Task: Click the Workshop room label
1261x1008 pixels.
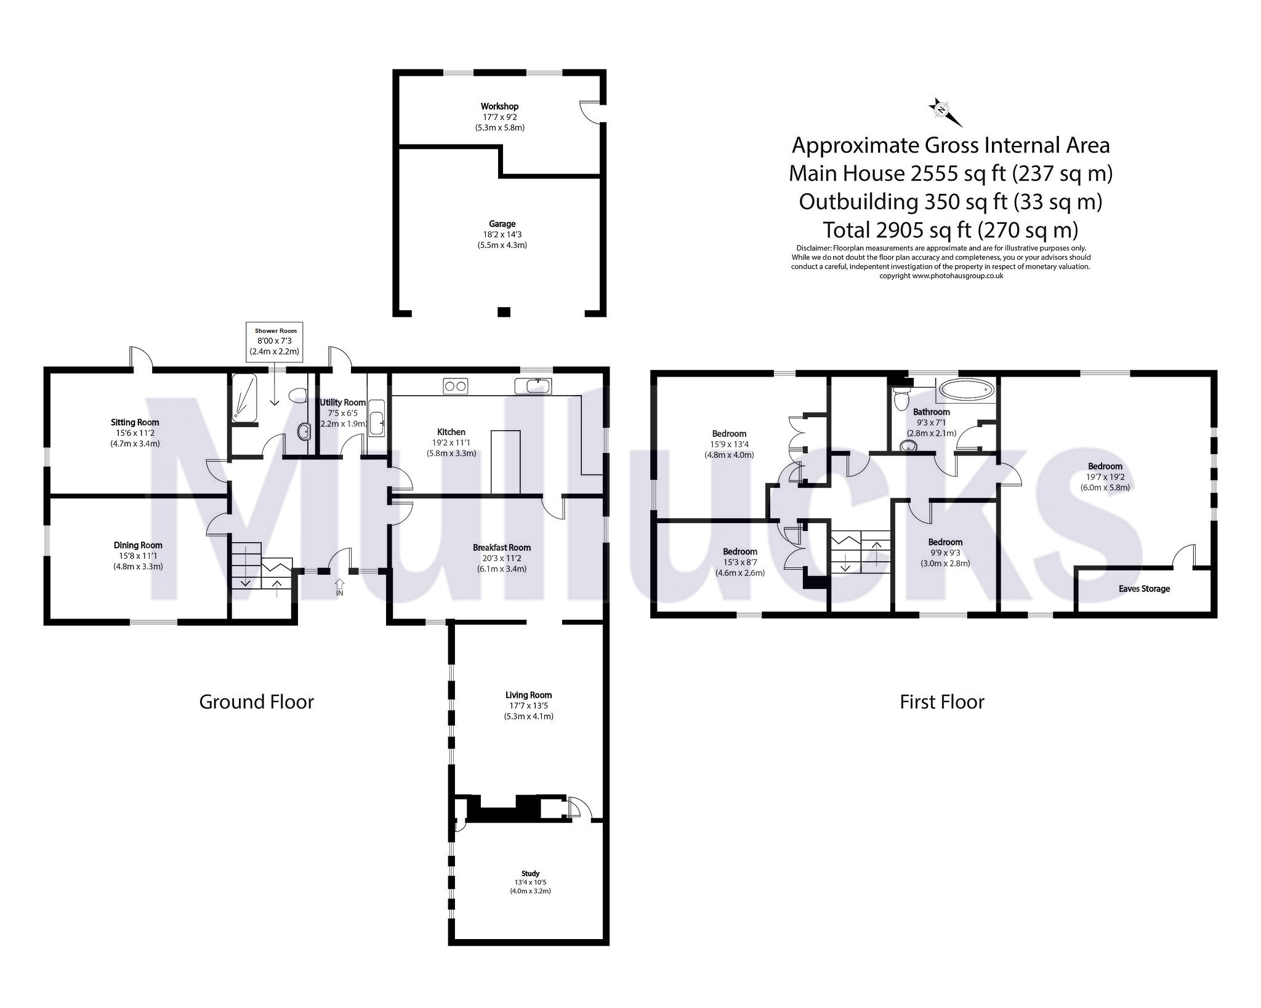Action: coord(499,106)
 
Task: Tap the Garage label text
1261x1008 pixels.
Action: coord(502,224)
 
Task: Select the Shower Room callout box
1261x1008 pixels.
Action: coord(275,341)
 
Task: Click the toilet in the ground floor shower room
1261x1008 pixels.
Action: coord(299,394)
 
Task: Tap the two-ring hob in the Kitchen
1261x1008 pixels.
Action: coord(455,386)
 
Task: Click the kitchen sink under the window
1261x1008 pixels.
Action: coord(534,386)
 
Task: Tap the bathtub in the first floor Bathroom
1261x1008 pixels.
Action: coord(964,391)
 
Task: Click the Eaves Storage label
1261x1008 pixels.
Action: coord(1144,589)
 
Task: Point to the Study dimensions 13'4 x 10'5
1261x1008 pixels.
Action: coord(530,882)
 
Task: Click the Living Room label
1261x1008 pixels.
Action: coord(528,695)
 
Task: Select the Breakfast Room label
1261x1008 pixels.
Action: coord(501,547)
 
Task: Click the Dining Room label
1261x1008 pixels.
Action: coord(138,545)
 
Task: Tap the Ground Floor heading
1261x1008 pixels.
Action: coord(256,702)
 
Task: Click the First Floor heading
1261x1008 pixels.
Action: coord(941,702)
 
